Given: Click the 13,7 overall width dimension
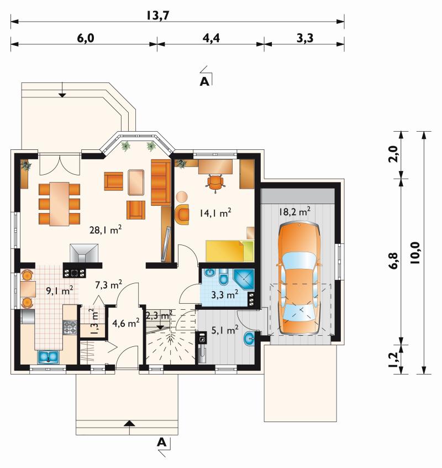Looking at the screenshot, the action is tap(157, 15).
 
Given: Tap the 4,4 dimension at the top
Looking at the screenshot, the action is tap(211, 38).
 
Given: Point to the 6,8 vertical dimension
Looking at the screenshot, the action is tap(393, 261).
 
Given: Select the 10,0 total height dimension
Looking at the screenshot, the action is tap(414, 252).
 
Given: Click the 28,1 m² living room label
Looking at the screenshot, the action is tap(106, 230).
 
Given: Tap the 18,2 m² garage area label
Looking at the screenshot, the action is tap(295, 211).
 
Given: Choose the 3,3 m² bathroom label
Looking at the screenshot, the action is tap(225, 295).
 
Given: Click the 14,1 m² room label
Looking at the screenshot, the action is tap(215, 213).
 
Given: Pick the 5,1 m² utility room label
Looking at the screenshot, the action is tap(225, 330).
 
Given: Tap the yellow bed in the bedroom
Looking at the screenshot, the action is tap(230, 251).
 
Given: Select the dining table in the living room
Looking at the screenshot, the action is tap(59, 204).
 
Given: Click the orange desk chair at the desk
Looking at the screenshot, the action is tap(215, 183).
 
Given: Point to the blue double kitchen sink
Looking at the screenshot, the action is tap(48, 357).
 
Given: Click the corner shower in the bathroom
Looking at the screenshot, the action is tap(244, 279).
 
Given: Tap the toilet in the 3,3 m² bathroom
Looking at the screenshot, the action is tap(223, 277).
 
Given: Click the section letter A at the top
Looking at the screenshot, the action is tap(204, 81).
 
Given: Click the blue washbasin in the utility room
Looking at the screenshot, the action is tap(249, 339).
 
